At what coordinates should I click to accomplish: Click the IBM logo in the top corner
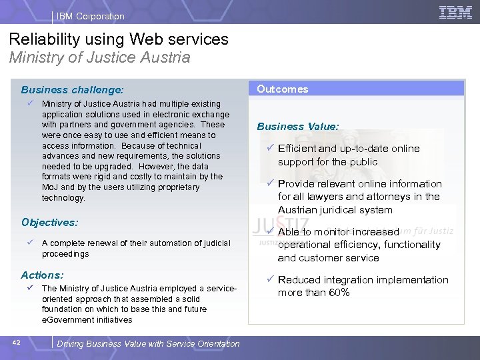(x=456, y=12)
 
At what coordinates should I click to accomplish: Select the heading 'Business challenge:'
(x=72, y=89)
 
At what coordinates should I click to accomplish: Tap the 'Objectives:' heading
(x=49, y=222)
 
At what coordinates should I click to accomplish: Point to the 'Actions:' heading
(x=42, y=275)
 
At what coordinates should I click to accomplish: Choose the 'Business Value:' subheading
(x=298, y=126)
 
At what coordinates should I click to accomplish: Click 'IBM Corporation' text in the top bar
(x=91, y=16)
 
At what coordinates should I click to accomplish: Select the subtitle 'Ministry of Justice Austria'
(x=99, y=57)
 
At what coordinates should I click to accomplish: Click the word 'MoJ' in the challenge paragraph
(x=49, y=187)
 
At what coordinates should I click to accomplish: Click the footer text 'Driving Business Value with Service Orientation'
(x=149, y=343)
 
